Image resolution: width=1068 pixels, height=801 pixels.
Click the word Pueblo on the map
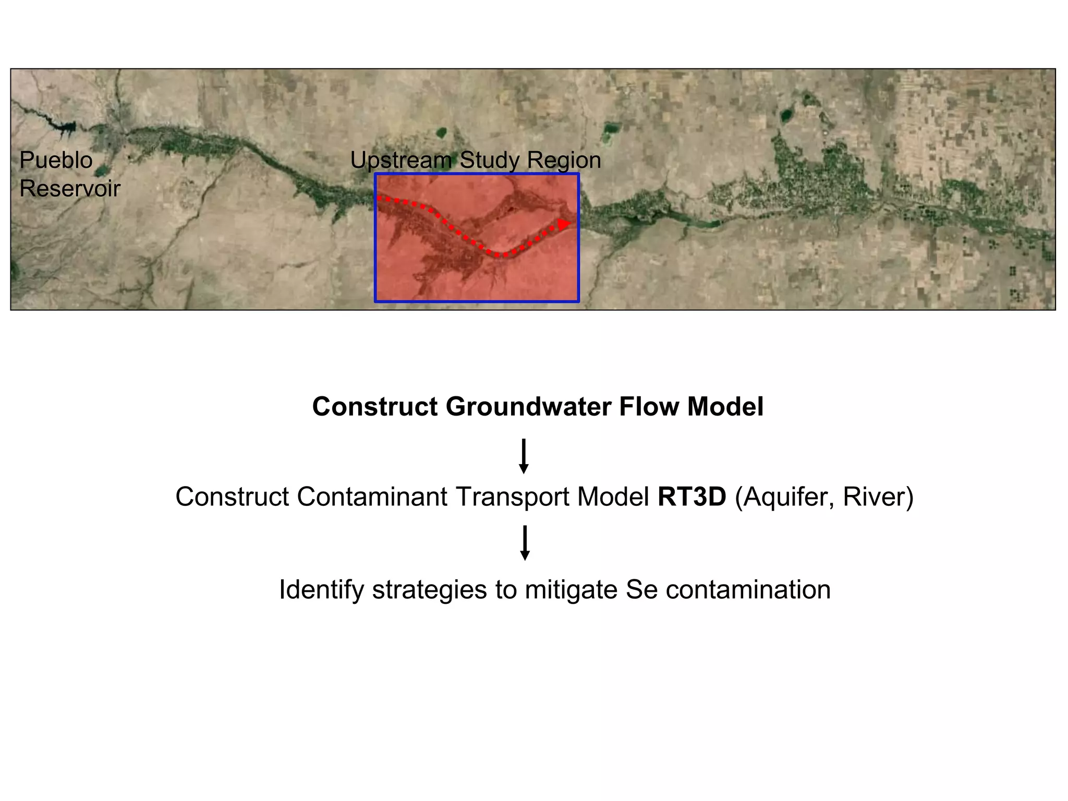point(56,160)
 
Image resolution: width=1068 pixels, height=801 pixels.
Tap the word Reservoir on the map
point(70,188)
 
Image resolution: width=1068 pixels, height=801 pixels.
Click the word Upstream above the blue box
point(401,160)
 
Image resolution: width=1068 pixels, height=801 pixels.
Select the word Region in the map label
point(564,160)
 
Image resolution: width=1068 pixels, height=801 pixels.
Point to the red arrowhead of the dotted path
point(564,224)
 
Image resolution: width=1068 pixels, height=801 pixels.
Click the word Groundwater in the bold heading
point(528,407)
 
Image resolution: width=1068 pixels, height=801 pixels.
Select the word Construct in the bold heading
point(375,407)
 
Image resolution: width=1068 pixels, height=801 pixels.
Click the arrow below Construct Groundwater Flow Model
point(524,456)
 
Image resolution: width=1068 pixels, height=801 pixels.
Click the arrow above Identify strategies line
point(525,543)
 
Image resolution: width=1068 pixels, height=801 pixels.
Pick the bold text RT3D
point(691,496)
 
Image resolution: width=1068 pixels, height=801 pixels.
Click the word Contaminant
point(372,496)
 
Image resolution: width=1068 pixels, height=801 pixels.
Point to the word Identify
point(321,590)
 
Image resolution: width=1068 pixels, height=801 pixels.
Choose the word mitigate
point(571,590)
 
